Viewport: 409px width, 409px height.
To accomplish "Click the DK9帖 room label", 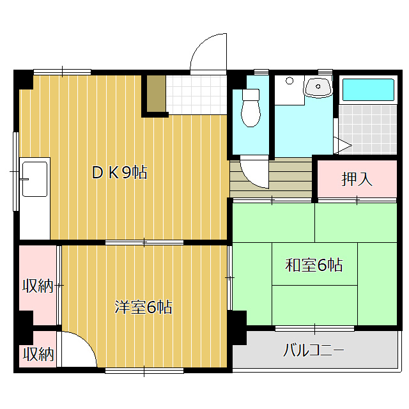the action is pos(120,173).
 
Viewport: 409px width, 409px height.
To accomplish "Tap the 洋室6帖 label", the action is pos(143,307).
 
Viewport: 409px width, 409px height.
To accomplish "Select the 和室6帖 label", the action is pos(314,265).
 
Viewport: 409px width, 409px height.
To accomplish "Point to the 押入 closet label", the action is pos(357,179).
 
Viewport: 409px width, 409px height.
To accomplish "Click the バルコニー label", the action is pos(314,350).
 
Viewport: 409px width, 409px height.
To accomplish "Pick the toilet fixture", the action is pos(251,108).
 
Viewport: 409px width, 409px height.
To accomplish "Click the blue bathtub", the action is pos(368,89).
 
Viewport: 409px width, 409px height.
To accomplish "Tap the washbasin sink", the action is pos(318,87).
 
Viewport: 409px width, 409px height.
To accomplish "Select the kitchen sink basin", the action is pos(35,179).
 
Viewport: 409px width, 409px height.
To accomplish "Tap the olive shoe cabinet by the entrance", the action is pos(156,94).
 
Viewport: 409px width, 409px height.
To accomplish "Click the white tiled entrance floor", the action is pos(196,95).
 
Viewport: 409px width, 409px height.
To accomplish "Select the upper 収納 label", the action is pos(38,286).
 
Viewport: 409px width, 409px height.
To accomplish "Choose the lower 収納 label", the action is pos(38,354).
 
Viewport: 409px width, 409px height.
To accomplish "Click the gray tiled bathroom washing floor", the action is pos(368,129).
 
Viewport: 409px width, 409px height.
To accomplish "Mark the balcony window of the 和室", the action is pos(314,328).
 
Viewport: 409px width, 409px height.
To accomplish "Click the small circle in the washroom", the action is pos(289,81).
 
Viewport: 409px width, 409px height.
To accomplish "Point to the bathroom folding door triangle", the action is pos(343,145).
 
